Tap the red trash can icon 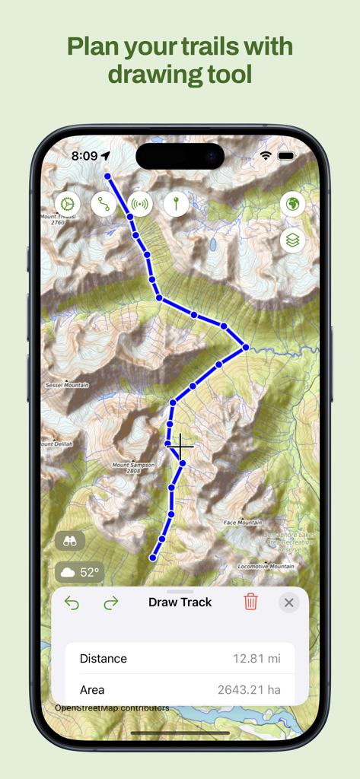coord(250,602)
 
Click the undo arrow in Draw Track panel coord(72,603)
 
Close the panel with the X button coord(288,603)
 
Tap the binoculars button coord(70,541)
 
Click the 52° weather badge coord(80,572)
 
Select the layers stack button coord(293,240)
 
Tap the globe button coord(293,204)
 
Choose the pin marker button coord(176,204)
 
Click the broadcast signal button coord(139,204)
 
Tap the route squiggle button coord(104,204)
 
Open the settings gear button coord(68,204)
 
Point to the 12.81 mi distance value coord(256,659)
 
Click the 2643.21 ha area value coord(249,690)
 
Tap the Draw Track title coord(180,602)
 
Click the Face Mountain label coord(243,523)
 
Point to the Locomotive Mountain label coord(266,567)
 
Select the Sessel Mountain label coord(67,386)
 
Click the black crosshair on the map coord(181,445)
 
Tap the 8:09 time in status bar coord(84,156)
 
